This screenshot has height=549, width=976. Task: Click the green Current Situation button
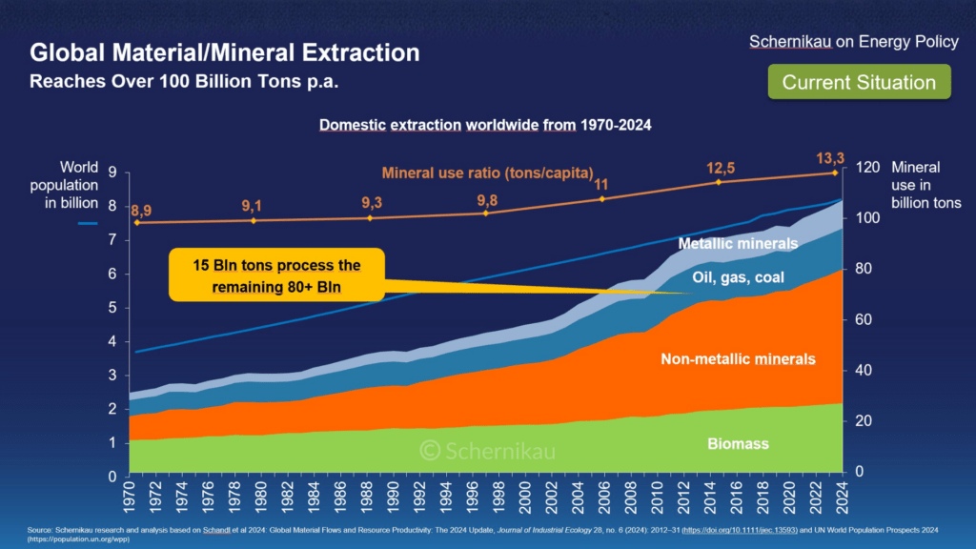(x=859, y=82)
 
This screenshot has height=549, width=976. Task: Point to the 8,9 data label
(x=141, y=210)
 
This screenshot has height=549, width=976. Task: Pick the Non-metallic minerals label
(x=738, y=359)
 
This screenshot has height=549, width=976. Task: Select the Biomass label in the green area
(x=738, y=444)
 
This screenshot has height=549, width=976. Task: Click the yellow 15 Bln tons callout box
(x=277, y=274)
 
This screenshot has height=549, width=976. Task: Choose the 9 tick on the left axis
(x=112, y=173)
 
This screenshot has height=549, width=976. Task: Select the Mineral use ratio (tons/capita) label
(x=487, y=173)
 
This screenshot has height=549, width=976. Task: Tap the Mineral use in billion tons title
(x=925, y=185)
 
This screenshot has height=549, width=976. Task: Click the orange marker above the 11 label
(x=601, y=198)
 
